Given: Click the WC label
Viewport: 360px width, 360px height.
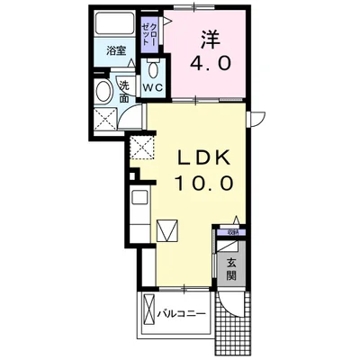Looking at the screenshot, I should (x=152, y=88).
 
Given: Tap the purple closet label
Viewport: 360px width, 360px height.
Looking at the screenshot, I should (x=149, y=36).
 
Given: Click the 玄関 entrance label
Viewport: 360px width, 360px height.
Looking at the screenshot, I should (x=231, y=269).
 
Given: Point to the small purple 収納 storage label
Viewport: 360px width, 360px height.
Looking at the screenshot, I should (x=231, y=231).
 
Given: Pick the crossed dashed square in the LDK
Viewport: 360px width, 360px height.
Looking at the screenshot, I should (x=142, y=149).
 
